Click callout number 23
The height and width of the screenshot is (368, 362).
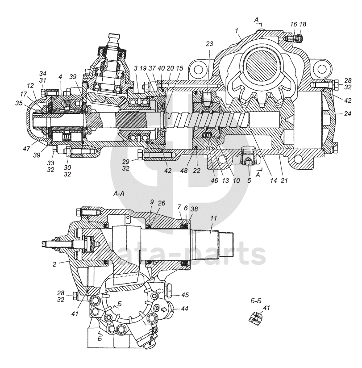tap(209, 44)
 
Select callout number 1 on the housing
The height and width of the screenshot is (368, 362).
tap(237, 30)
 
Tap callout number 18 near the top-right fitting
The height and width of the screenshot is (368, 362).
tap(303, 24)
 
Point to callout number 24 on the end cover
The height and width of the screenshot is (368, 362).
tap(348, 113)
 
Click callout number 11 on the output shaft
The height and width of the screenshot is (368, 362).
tap(213, 218)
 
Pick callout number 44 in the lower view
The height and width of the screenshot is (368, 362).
tap(185, 309)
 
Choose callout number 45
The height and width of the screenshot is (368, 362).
tap(185, 295)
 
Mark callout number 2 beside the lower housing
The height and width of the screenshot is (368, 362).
tap(54, 264)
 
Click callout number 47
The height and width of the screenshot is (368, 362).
tap(26, 149)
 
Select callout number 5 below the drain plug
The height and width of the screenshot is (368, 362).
tap(249, 180)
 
